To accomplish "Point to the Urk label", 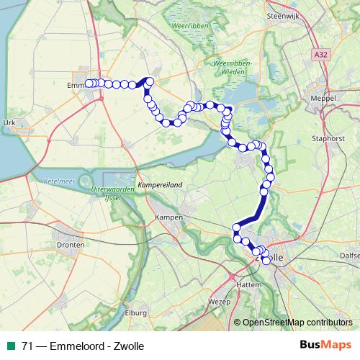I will click(9, 123).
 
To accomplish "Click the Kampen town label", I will click(168, 217).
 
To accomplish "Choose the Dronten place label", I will click(70, 245).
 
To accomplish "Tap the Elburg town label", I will click(135, 313).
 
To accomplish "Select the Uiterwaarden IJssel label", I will click(114, 192).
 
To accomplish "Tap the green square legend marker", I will click(10, 346).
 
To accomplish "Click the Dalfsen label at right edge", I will click(351, 254).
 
